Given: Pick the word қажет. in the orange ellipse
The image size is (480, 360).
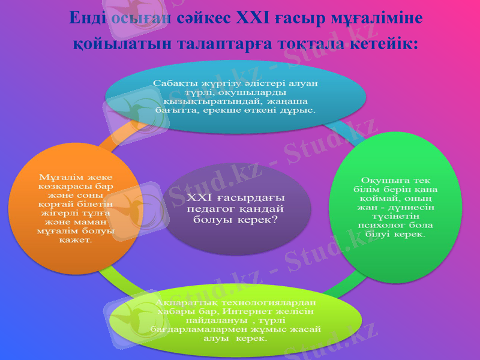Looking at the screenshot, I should point(76,240).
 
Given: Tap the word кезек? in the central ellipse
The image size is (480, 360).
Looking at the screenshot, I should point(259,220).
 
